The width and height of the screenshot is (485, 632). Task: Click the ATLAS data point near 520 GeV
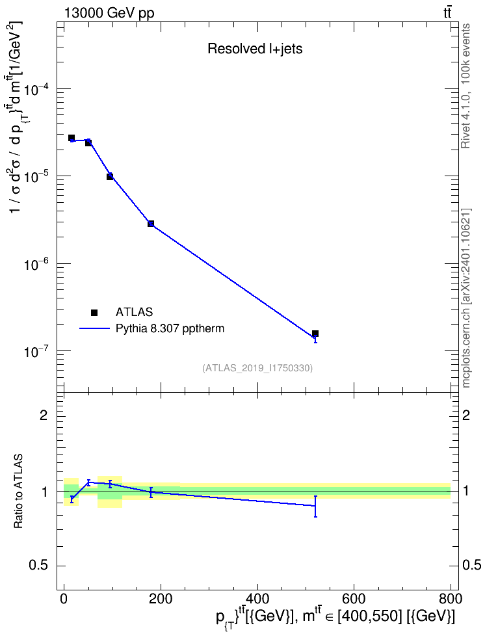[315, 334]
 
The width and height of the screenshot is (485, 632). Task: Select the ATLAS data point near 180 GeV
[151, 223]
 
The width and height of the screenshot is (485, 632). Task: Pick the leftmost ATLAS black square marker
[72, 138]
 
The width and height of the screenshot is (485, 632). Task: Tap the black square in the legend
[94, 312]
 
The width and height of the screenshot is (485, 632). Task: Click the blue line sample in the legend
[95, 328]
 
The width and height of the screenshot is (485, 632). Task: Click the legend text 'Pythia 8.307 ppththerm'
[170, 329]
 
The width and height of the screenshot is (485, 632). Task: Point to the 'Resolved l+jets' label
[255, 49]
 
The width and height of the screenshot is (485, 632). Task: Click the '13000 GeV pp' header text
[109, 13]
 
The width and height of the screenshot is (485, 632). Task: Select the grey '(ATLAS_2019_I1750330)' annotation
[257, 368]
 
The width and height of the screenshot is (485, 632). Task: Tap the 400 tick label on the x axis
[257, 599]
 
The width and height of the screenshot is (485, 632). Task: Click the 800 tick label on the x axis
[451, 599]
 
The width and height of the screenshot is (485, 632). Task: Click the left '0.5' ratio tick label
[39, 566]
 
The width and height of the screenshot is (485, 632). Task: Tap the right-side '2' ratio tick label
[466, 415]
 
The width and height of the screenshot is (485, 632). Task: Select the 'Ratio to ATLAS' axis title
[18, 491]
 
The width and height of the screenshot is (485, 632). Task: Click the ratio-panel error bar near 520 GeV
[315, 507]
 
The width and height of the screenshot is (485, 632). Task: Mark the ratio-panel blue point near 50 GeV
[88, 482]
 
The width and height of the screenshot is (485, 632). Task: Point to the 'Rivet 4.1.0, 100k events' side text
[465, 86]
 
